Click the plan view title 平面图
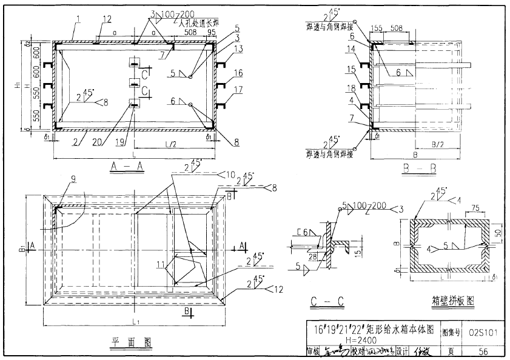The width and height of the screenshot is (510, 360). (x=130, y=342)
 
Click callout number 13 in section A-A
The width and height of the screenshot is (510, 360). (x=240, y=48)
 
